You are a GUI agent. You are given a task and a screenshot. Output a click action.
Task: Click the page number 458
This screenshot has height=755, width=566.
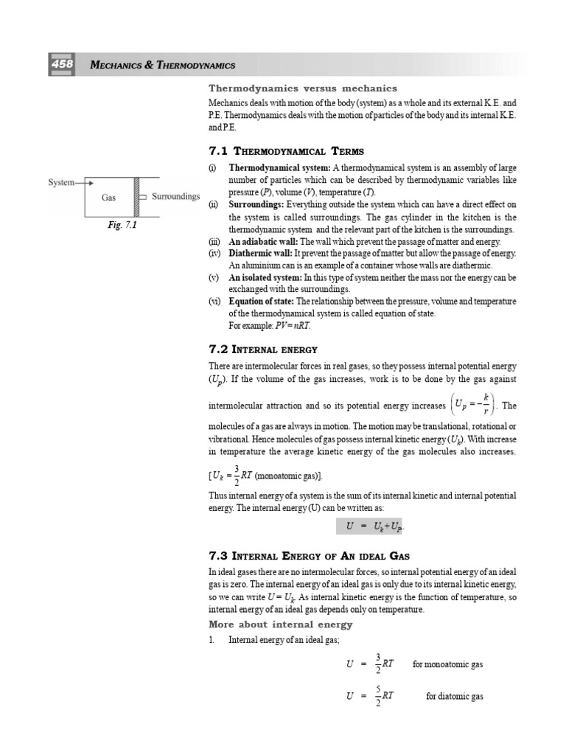pos(61,65)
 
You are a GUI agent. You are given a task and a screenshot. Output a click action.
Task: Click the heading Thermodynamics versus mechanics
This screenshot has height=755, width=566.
pos(304,88)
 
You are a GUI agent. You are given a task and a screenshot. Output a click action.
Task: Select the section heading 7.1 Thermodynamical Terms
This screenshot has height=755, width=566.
pos(287,151)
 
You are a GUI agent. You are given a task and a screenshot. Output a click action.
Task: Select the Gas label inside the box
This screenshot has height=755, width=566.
pos(109,198)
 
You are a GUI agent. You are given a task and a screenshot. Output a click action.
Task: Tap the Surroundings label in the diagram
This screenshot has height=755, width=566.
pos(175,197)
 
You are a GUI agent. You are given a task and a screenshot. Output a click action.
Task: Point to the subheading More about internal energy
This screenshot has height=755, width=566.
pos(281,624)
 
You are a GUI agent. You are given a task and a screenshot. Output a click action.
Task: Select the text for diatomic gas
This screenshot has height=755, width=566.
pos(455,696)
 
